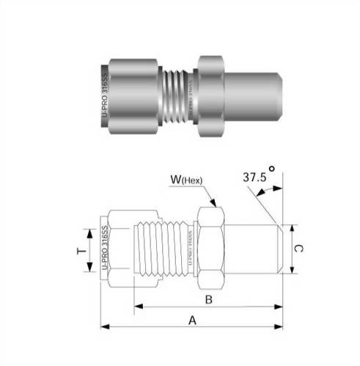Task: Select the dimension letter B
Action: pyautogui.click(x=208, y=299)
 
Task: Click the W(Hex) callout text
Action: pyautogui.click(x=187, y=179)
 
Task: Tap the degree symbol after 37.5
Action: pyautogui.click(x=272, y=168)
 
